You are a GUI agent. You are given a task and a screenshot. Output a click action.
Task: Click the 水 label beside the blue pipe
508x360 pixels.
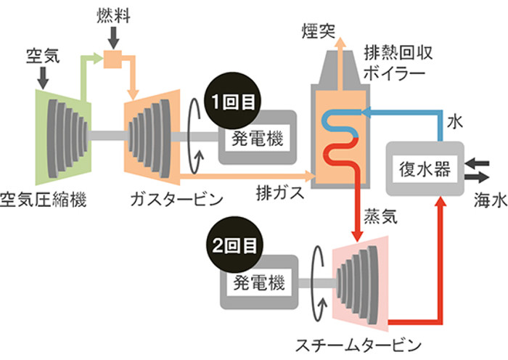(454, 118)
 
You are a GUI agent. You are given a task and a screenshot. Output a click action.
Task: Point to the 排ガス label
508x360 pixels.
(276, 194)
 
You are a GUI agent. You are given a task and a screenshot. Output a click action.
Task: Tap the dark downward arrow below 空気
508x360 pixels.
(41, 77)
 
